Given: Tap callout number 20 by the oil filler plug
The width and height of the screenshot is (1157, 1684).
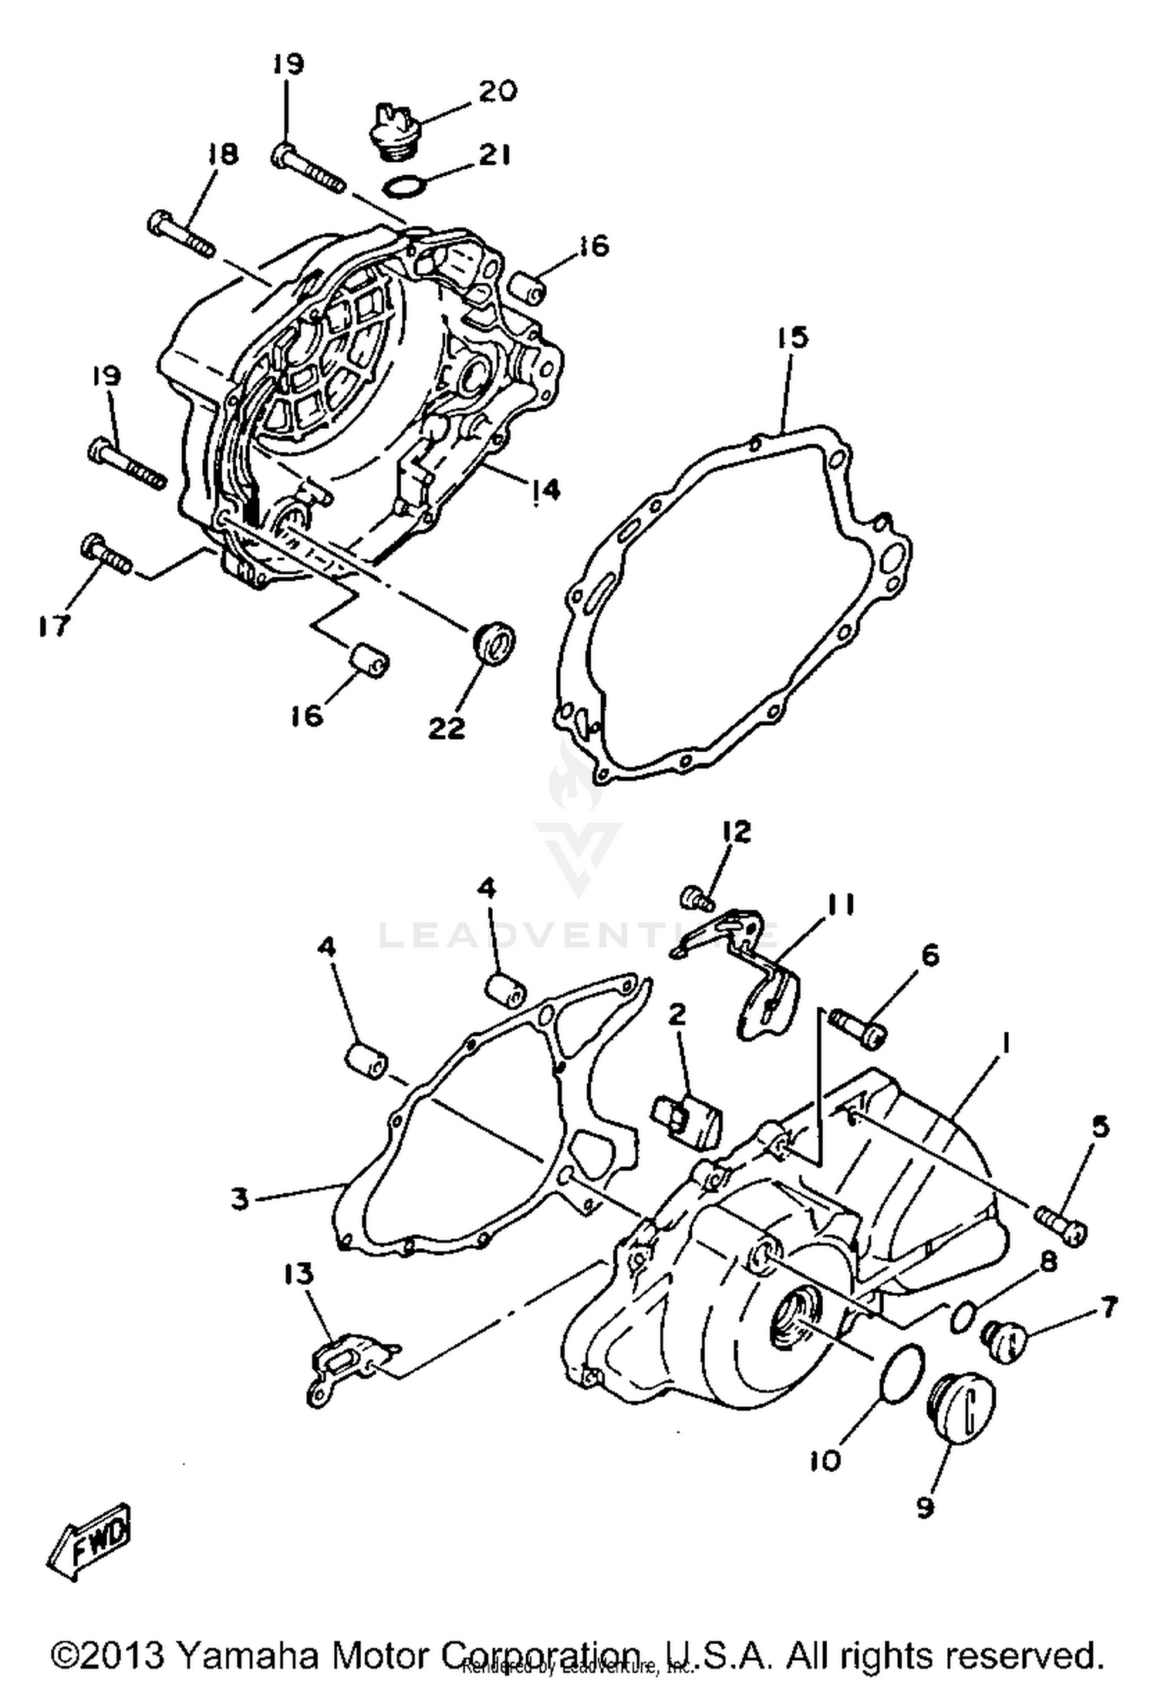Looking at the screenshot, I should (498, 92).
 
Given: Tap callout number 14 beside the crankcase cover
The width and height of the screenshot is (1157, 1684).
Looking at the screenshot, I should (545, 490).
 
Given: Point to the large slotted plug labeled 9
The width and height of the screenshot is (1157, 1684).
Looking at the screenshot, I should (960, 1410).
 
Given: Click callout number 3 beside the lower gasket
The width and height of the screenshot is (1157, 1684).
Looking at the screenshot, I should (241, 1200).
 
